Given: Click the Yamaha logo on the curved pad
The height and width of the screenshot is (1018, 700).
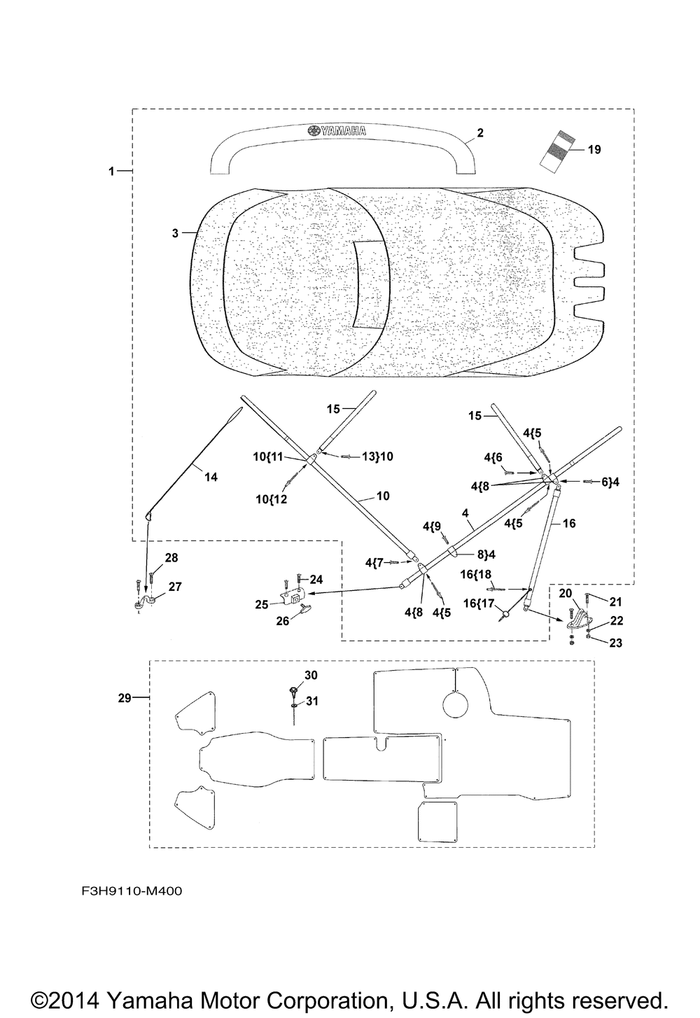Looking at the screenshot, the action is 337,131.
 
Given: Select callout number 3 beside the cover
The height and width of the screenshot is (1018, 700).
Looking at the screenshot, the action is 175,233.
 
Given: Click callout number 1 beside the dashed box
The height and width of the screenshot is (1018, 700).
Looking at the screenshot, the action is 111,172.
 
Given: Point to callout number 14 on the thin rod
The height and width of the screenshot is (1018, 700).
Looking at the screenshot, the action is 211,477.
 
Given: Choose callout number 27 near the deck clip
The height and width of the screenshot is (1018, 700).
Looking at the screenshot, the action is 175,587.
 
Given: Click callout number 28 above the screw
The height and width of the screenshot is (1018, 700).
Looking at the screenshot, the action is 171,557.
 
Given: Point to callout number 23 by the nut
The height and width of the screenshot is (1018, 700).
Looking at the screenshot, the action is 615,643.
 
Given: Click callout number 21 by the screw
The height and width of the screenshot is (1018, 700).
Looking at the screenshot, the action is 615,601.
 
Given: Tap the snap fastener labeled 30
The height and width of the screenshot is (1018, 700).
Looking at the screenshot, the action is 293,690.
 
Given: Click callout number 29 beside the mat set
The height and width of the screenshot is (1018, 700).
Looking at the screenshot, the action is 125,697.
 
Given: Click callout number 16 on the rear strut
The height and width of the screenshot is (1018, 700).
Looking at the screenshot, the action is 568,523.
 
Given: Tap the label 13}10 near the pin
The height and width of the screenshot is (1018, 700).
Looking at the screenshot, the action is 377,456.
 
